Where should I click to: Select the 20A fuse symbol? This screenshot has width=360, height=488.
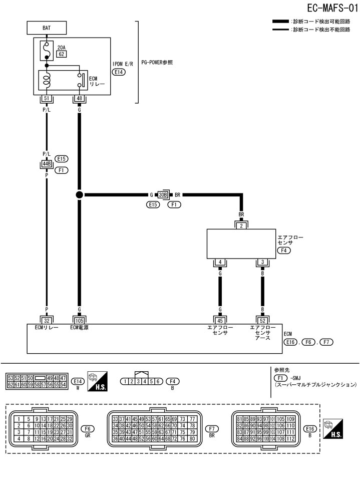[47, 50]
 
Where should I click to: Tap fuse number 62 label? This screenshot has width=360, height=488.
[61, 54]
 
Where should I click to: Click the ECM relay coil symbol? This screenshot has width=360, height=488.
[47, 81]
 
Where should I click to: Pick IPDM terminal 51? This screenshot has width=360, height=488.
[47, 99]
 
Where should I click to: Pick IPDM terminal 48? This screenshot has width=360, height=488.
[79, 99]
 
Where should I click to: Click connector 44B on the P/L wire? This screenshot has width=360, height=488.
[47, 163]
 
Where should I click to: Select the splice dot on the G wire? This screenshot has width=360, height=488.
[79, 194]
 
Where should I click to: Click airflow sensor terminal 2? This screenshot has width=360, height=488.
[241, 225]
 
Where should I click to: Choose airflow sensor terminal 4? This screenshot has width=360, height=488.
[219, 262]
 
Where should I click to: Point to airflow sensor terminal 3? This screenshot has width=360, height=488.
[262, 262]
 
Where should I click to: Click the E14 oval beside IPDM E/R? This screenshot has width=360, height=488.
[119, 72]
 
